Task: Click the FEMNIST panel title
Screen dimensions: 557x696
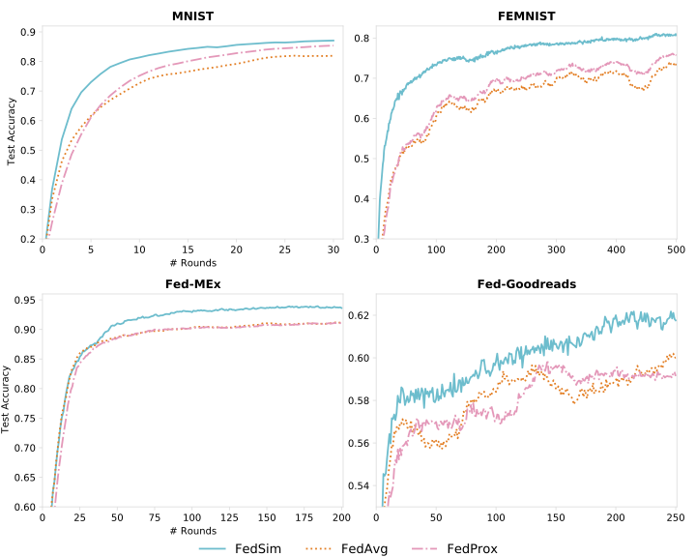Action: coord(527,15)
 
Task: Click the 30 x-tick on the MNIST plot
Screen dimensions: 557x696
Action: coord(333,249)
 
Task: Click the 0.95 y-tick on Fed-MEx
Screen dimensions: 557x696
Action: coord(24,300)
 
